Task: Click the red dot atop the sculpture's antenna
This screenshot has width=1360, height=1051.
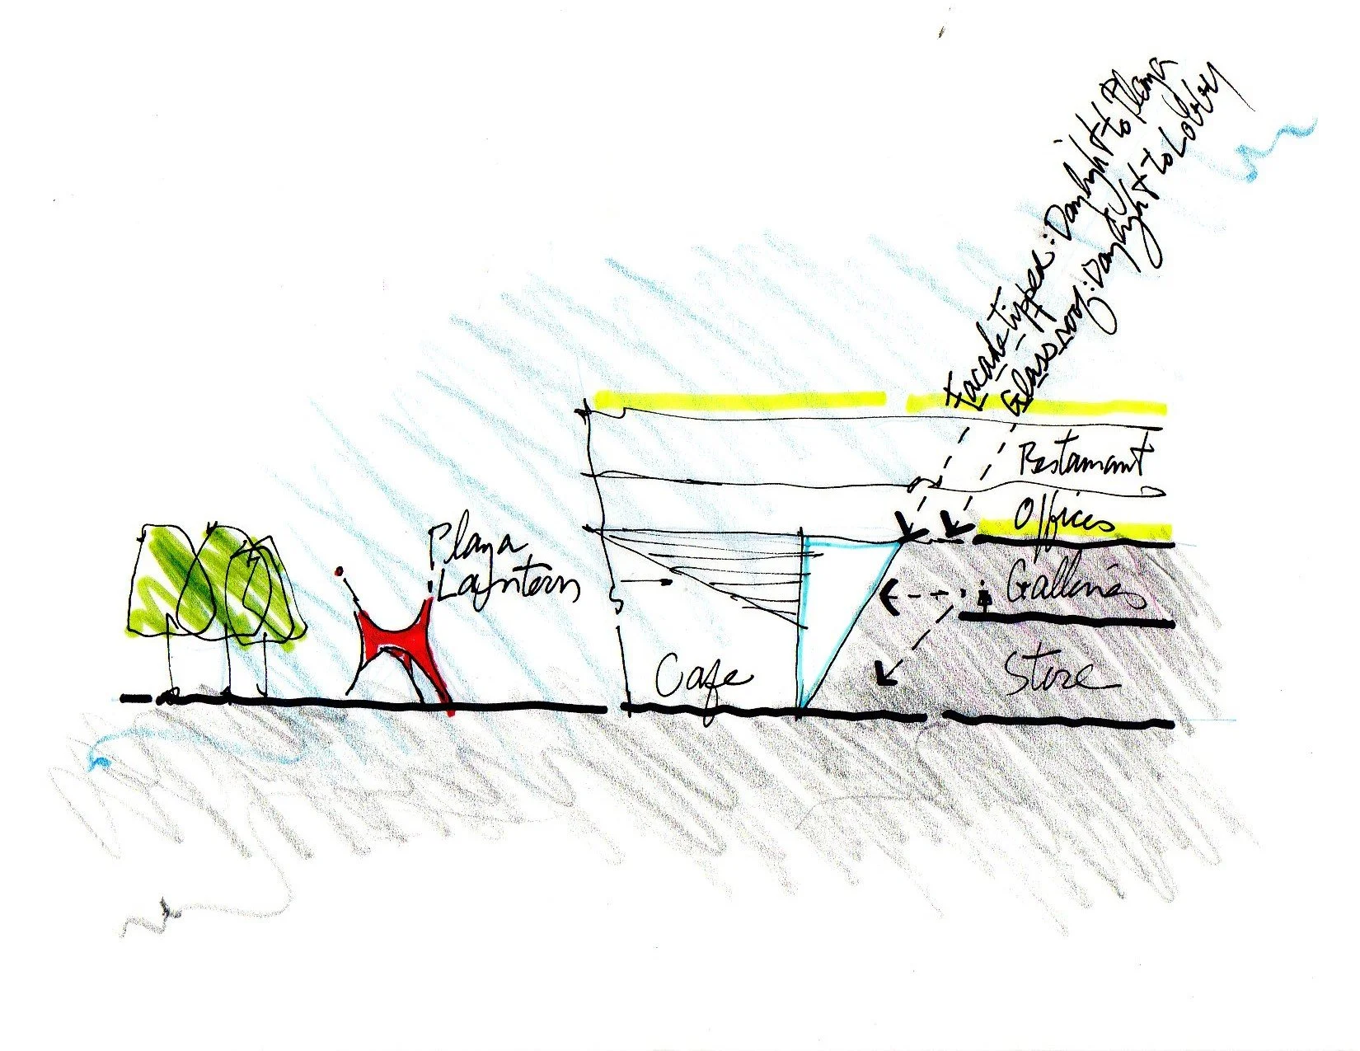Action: [339, 571]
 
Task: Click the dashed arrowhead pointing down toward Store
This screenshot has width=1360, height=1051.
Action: [884, 675]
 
